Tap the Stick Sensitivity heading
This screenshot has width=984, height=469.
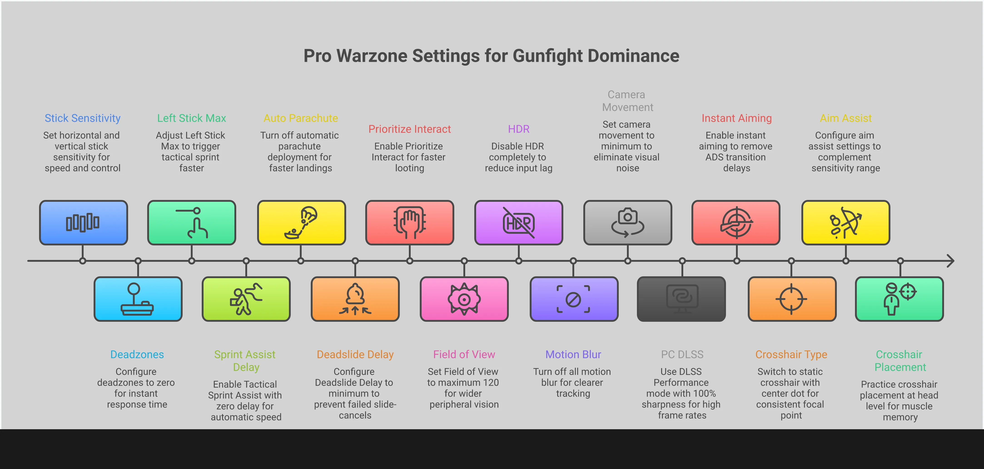[82, 118]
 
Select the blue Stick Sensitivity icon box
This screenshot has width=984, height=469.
[83, 222]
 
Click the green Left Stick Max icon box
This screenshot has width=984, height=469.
[192, 222]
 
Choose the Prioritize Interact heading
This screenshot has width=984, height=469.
[410, 129]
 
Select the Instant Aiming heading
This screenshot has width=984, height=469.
[736, 118]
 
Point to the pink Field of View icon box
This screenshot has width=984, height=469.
[464, 299]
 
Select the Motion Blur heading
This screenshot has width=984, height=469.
[573, 355]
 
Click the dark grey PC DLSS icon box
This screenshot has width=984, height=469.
[681, 299]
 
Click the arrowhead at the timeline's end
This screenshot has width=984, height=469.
[951, 261]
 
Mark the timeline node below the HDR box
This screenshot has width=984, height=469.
[519, 261]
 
